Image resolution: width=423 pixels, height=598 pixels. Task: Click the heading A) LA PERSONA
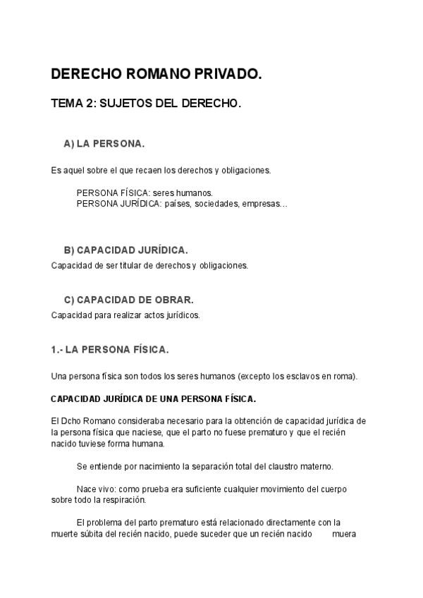(104, 143)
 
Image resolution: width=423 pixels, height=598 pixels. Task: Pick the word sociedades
(216, 204)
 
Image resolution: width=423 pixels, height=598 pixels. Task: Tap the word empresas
(264, 204)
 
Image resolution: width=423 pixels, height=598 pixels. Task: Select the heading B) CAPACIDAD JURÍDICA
(125, 250)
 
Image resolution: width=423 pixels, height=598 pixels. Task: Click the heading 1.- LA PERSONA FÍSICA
(110, 349)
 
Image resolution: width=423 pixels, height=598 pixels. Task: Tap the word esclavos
(293, 376)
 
